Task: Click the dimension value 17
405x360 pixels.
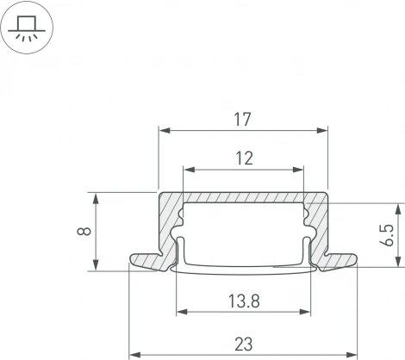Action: click(x=242, y=120)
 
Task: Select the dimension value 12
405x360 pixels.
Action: click(x=242, y=158)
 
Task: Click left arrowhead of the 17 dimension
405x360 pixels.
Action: click(x=162, y=131)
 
